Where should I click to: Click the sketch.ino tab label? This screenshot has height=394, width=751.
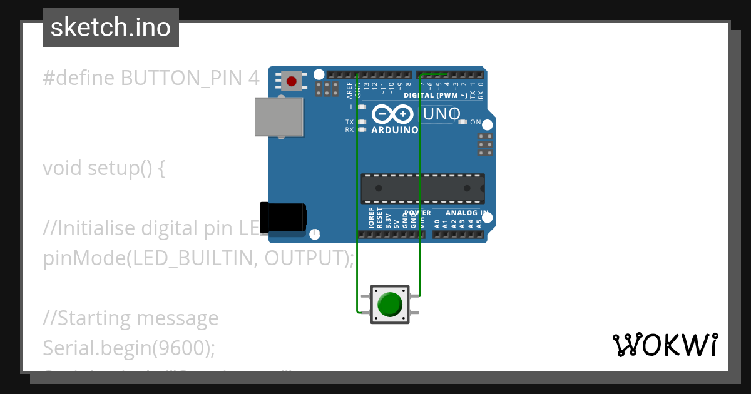pos(111,28)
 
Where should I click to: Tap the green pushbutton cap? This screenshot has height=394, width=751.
pos(390,305)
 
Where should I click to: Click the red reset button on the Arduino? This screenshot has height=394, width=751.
pos(291,80)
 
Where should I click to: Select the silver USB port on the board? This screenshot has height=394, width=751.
pos(279,117)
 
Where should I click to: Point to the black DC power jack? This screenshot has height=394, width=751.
pos(283,216)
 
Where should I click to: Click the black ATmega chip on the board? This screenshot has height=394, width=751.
pos(422,188)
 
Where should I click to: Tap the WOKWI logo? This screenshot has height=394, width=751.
pos(665,345)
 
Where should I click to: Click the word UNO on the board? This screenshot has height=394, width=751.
pos(442,114)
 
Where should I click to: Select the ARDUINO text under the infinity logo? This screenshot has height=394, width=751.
pos(394,130)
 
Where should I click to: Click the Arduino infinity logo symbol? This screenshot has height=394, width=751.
pos(392,114)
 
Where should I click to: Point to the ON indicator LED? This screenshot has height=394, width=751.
pos(462,122)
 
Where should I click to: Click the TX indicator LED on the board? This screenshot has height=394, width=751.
pos(362,122)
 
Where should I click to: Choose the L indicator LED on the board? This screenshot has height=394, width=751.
pos(362,107)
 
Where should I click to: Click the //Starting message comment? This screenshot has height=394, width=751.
pos(131,318)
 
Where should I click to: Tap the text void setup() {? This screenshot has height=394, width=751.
pos(104,168)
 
